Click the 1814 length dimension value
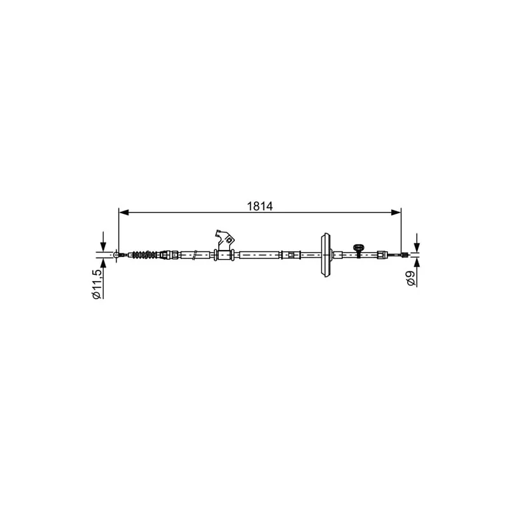260,206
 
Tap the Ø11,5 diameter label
97,284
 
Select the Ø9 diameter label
410,278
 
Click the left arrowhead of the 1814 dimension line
124,213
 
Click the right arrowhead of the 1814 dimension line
396,213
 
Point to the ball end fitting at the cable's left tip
116,255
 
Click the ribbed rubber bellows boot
145,255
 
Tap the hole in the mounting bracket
228,241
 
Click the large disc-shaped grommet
326,255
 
